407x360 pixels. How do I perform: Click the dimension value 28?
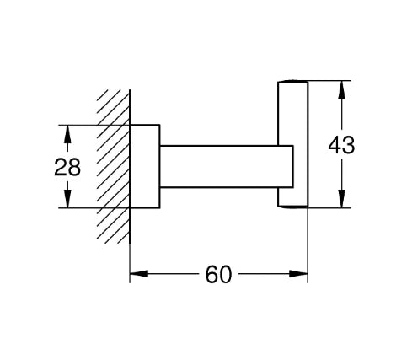coord(67,167)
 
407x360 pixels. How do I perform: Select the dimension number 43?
coord(341,145)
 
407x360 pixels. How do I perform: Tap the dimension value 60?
coord(219,274)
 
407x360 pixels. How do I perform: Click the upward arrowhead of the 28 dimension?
coord(67,134)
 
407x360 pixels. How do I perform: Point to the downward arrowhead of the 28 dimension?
coord(67,199)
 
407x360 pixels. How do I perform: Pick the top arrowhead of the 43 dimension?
coord(341,90)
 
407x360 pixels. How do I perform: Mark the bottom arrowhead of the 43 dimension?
coord(341,199)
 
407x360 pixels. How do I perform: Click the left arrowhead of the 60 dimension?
coord(139,273)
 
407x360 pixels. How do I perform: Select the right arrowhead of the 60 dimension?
coord(298,273)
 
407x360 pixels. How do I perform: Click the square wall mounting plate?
coord(145,166)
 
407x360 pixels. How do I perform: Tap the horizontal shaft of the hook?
coord(227,166)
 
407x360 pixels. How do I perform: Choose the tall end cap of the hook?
coord(293,144)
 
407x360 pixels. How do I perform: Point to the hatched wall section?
coord(114,166)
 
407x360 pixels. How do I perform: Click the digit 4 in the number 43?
coord(335,145)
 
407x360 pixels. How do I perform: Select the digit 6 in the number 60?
coord(212,274)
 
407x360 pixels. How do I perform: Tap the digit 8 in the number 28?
coord(74,167)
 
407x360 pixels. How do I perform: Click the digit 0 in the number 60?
coord(226,274)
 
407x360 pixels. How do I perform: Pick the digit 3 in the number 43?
coord(349,145)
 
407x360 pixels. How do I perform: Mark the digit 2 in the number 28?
coord(61,167)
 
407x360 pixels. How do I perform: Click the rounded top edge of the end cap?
coord(293,82)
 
